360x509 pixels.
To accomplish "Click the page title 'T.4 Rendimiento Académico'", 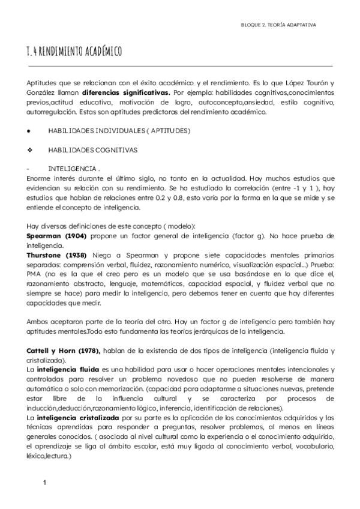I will (x=74, y=52).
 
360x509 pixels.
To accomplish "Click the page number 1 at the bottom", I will (x=44, y=483).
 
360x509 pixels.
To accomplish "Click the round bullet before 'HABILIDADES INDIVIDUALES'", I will (x=29, y=130).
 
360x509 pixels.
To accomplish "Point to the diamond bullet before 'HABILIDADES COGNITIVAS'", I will (x=29, y=149).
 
